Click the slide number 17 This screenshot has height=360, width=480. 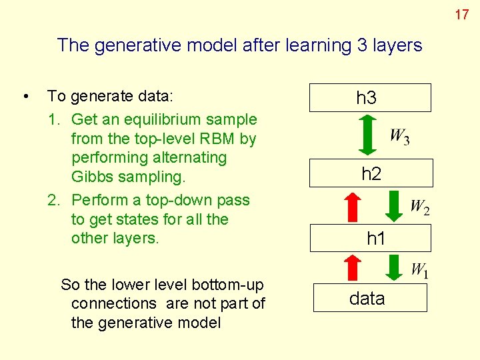[462, 14]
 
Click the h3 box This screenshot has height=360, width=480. [370, 97]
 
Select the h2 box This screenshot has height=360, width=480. [371, 174]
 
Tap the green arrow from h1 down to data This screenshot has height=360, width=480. [395, 267]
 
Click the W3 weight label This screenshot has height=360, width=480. [399, 137]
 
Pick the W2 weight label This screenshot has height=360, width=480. [419, 207]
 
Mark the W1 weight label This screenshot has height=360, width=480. [419, 270]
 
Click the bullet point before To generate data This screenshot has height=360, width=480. [25, 97]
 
